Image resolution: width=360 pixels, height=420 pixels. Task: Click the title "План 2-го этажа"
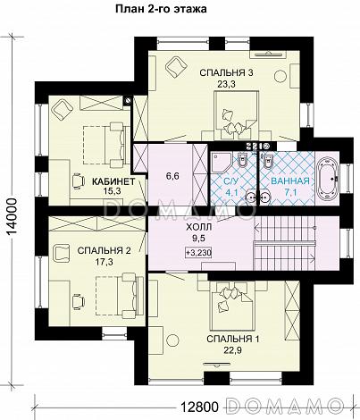[161, 9]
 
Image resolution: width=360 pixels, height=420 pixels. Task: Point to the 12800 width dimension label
[200, 407]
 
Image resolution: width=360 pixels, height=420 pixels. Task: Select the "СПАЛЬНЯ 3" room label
[226, 72]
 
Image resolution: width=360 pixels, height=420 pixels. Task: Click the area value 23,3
[226, 84]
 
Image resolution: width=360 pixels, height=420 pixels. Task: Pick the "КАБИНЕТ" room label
[113, 181]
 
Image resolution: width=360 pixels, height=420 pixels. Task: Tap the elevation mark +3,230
[198, 253]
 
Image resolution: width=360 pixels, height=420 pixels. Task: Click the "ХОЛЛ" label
[199, 228]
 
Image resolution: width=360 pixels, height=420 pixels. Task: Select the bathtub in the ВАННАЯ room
[327, 179]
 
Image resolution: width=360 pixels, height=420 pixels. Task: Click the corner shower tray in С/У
[221, 163]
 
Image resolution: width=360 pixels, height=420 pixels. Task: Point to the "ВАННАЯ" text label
[290, 181]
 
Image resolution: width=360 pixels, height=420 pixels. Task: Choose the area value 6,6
[172, 176]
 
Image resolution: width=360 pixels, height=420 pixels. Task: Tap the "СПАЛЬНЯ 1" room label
[233, 339]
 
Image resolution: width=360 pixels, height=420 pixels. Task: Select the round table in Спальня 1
[172, 340]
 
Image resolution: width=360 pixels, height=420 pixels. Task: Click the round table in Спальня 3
[280, 77]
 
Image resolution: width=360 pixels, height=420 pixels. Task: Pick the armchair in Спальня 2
[61, 253]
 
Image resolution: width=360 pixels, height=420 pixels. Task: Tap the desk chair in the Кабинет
[78, 181]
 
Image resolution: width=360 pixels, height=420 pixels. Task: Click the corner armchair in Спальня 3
[177, 68]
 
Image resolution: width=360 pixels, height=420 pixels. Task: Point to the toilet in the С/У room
[242, 161]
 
